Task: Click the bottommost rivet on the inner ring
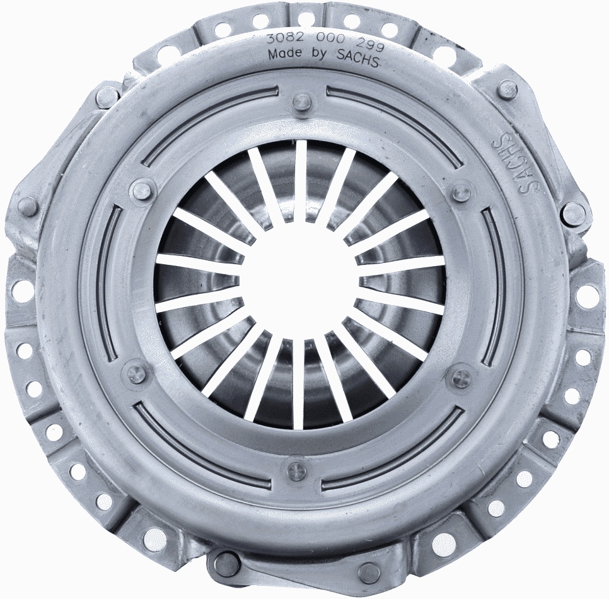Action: coord(296,470)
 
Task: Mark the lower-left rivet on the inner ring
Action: coord(136,373)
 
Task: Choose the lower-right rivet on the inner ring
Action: coord(460,378)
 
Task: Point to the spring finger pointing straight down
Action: coord(298,385)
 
